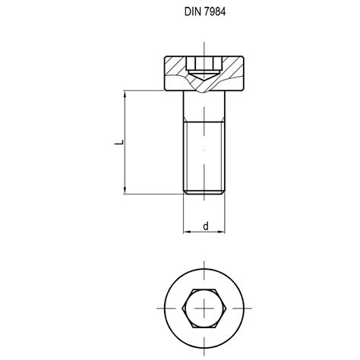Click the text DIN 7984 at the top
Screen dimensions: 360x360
click(204, 12)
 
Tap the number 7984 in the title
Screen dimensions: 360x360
click(214, 12)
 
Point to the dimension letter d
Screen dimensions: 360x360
click(204, 226)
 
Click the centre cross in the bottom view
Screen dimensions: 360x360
click(204, 308)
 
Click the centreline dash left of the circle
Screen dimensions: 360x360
click(159, 308)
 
